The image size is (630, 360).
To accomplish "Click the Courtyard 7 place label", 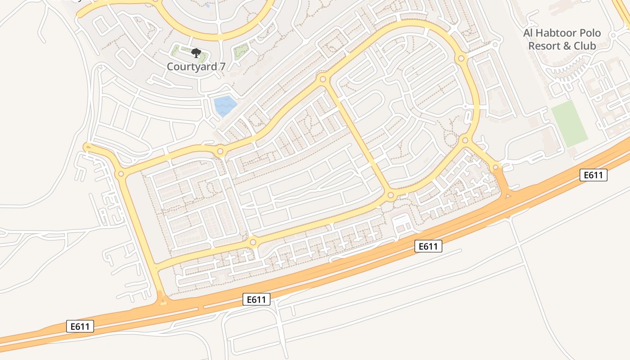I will coord(196,67).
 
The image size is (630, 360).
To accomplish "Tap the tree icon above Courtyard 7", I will coord(195,54).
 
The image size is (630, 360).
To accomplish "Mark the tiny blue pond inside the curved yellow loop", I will coord(207,6).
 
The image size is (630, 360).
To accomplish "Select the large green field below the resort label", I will coord(569,124).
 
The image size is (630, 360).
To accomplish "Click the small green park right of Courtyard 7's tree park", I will coord(242,52).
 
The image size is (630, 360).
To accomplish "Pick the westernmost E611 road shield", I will coord(81,327).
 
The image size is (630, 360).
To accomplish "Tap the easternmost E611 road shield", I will coord(593,175).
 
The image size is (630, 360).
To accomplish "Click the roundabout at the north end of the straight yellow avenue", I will coord(323,79).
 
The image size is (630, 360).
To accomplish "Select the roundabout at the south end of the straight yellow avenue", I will coord(391,195).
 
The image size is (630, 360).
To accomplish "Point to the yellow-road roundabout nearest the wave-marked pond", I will coord(220,152).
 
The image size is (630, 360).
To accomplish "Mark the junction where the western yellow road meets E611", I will coord(163,300).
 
